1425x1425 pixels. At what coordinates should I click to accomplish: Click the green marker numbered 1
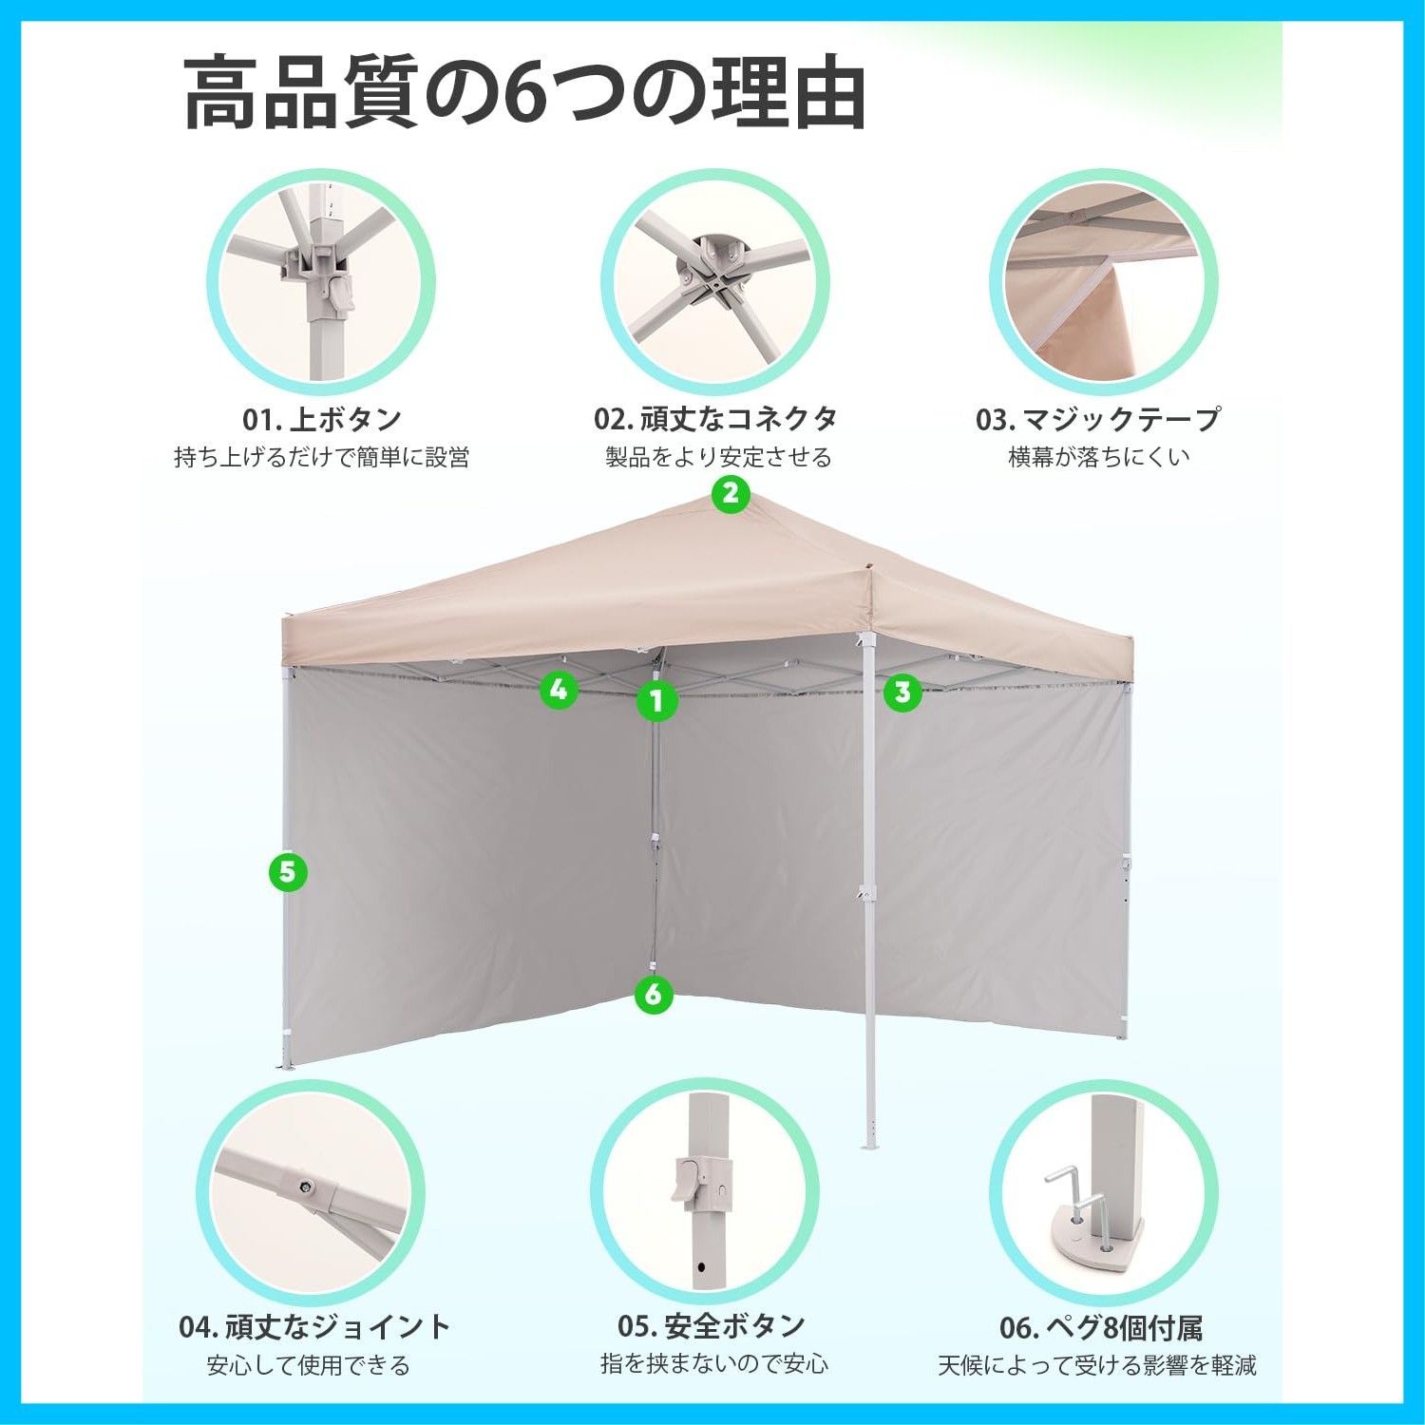(655, 701)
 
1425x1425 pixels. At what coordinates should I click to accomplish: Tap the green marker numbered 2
(730, 493)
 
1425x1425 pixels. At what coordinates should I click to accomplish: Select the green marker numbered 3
(902, 692)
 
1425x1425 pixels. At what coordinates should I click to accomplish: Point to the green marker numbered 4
(559, 689)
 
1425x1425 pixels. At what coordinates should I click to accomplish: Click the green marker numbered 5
(288, 870)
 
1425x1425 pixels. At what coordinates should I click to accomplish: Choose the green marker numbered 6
(653, 995)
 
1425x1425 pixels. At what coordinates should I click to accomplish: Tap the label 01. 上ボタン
(322, 418)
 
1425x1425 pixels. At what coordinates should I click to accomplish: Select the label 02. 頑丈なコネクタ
(715, 418)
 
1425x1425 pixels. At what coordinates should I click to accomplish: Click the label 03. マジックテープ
(1097, 418)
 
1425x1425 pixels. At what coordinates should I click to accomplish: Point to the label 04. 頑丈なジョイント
(314, 1325)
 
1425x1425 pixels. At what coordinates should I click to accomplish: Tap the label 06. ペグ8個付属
(1101, 1326)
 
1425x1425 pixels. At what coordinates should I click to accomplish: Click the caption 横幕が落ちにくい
(1098, 457)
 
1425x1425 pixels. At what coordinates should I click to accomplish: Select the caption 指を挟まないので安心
(714, 1364)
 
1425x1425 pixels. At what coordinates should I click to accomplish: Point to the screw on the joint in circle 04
(307, 1186)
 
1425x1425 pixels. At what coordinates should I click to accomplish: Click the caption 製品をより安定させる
(718, 457)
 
